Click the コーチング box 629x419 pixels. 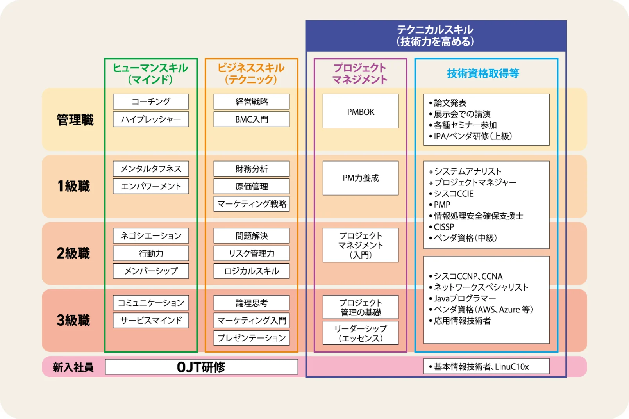151,102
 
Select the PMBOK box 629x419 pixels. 360,111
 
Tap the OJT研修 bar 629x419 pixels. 201,367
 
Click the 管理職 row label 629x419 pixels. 75,120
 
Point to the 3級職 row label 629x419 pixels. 73,320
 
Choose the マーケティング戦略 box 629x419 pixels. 251,204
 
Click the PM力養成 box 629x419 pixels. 360,178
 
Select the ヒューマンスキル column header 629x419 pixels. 150,73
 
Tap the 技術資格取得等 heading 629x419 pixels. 483,73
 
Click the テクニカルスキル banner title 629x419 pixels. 435,36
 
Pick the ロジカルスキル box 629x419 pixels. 251,271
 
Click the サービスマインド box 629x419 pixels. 151,320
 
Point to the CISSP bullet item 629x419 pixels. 444,227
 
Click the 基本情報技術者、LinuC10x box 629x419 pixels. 486,367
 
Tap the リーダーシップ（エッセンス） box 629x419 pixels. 360,333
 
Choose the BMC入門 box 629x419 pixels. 251,119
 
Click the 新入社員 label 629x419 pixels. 73,367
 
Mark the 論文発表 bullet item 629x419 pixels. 450,103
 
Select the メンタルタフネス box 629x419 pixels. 151,169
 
